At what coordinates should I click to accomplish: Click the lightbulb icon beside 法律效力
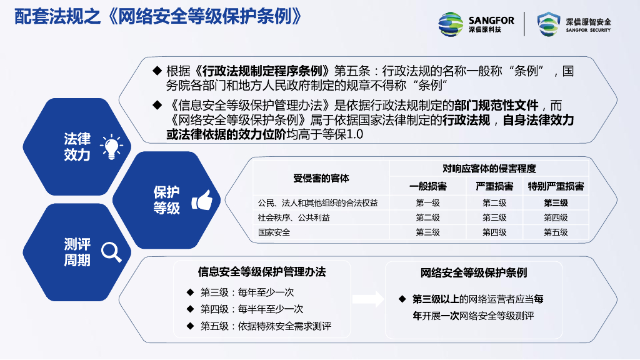click(111, 147)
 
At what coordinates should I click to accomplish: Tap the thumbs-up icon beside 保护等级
click(202, 200)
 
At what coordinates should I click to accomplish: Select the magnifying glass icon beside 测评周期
click(111, 252)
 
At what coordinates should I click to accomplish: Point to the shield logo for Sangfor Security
click(549, 24)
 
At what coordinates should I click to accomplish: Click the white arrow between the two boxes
click(368, 299)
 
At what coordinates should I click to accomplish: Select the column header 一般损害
click(427, 186)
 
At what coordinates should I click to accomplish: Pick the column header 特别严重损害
click(556, 186)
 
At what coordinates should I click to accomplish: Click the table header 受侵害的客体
click(321, 178)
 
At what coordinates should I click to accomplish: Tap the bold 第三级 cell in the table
click(556, 203)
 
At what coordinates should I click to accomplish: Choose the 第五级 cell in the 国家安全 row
click(556, 232)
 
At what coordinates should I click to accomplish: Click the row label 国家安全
click(274, 232)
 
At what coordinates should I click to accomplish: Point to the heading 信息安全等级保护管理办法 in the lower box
click(262, 272)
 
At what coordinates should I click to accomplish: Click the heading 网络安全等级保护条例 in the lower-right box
click(474, 272)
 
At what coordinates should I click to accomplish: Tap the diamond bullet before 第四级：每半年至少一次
click(190, 309)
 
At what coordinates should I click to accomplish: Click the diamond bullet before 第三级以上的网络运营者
click(402, 299)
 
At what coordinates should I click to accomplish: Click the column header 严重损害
click(494, 186)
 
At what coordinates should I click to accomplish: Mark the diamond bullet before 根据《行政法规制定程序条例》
click(157, 71)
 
